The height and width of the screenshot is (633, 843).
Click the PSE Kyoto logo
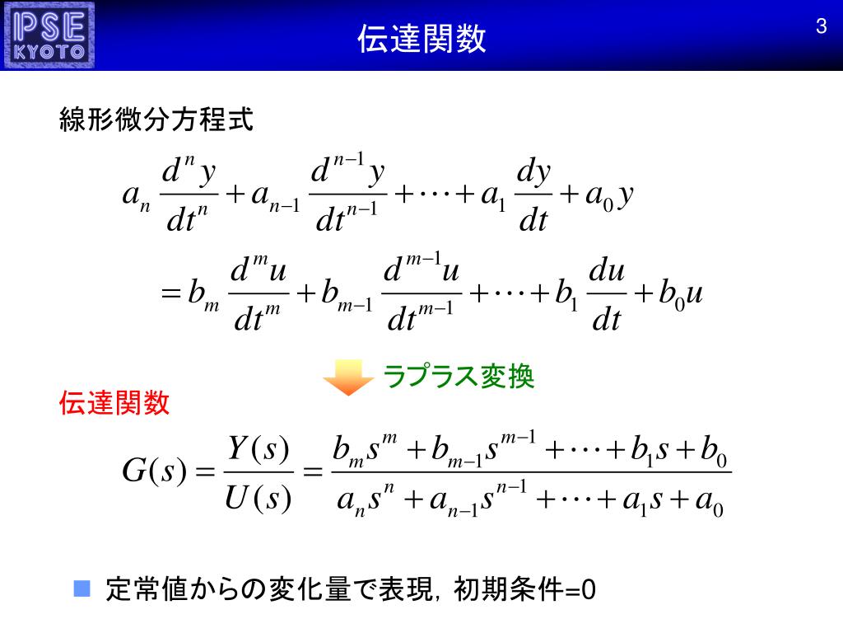pyautogui.click(x=50, y=35)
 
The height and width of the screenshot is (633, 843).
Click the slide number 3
pyautogui.click(x=820, y=26)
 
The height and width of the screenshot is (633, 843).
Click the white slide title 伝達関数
pyautogui.click(x=421, y=38)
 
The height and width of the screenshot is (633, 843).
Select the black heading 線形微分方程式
pyautogui.click(x=156, y=120)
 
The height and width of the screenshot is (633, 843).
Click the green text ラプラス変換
pyautogui.click(x=459, y=377)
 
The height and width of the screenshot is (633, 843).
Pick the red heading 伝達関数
pyautogui.click(x=114, y=403)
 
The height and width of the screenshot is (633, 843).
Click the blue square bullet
pyautogui.click(x=81, y=588)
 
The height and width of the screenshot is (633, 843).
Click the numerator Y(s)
pyautogui.click(x=258, y=449)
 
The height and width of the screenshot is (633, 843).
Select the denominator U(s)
pyautogui.click(x=258, y=499)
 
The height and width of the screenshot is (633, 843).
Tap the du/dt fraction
pyautogui.click(x=608, y=296)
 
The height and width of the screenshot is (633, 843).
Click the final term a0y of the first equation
pyautogui.click(x=608, y=196)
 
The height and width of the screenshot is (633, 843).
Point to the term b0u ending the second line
pyautogui.click(x=680, y=295)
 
